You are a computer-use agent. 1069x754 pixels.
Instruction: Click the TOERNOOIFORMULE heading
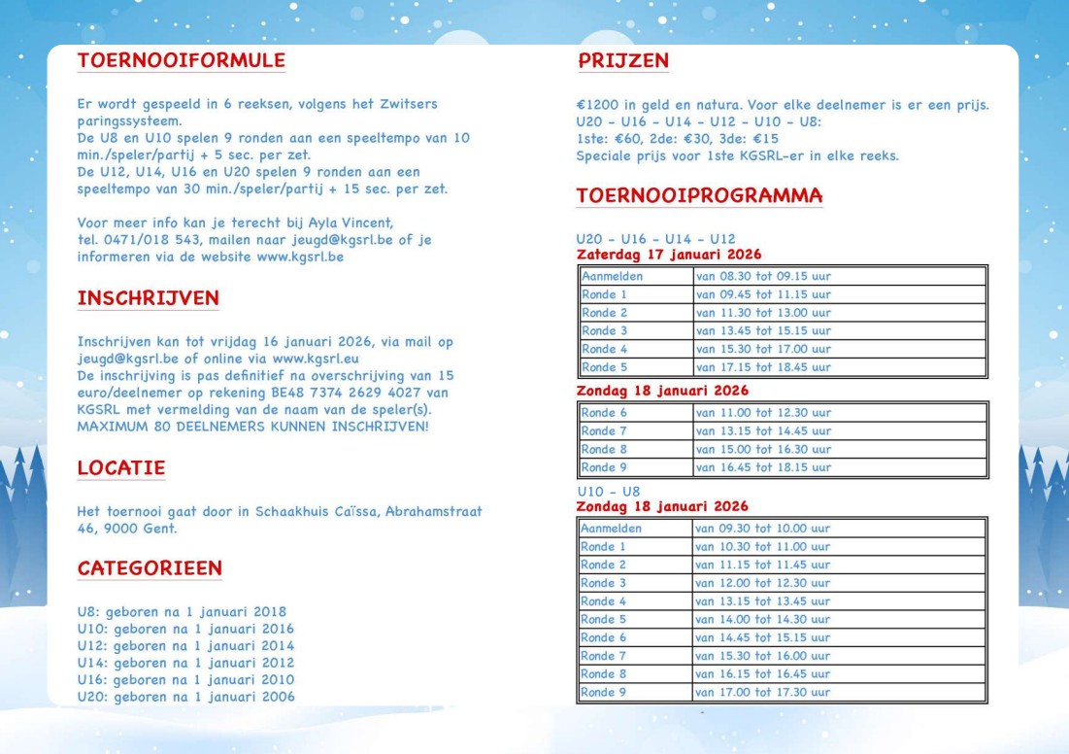[x=181, y=60]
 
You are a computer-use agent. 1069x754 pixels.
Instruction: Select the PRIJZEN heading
[x=623, y=60]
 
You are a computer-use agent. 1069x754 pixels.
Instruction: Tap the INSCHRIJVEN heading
[x=148, y=298]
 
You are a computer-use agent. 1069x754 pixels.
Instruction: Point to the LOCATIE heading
[x=120, y=468]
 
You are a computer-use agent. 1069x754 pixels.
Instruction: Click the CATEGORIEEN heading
[x=150, y=568]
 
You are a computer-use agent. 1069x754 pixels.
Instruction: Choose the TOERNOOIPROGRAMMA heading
[x=699, y=195]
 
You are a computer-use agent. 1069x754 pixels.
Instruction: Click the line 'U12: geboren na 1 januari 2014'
[x=185, y=646]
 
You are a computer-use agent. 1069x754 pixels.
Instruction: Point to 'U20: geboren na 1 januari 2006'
[x=185, y=697]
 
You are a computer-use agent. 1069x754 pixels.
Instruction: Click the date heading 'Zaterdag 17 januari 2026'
[x=662, y=255]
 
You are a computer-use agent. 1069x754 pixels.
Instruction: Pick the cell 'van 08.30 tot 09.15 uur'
[x=763, y=276]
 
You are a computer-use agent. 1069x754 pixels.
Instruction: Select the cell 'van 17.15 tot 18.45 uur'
[x=763, y=368]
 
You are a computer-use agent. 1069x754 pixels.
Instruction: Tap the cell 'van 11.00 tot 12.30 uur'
[x=763, y=413]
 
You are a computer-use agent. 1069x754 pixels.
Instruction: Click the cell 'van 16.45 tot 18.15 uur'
[x=763, y=467]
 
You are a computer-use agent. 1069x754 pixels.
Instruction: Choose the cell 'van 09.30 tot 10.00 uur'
[x=763, y=529]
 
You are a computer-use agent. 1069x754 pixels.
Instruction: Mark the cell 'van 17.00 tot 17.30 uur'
[x=763, y=693]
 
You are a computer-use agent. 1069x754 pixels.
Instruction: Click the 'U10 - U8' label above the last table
[x=608, y=492]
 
